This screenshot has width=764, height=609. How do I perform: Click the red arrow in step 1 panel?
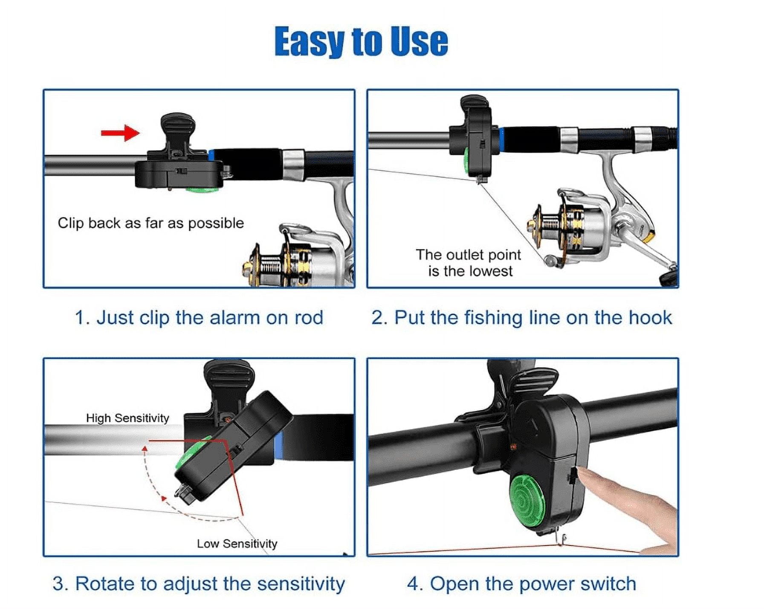click(x=121, y=133)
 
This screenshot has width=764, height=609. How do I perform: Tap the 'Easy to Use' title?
click(x=361, y=41)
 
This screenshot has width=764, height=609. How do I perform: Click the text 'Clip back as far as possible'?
click(x=150, y=223)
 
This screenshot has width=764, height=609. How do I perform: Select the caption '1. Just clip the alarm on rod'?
click(x=199, y=318)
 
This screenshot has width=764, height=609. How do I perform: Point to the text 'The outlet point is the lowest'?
click(x=469, y=263)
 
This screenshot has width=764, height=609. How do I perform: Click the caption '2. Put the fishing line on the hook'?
click(x=521, y=318)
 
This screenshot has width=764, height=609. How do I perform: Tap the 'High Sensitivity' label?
click(x=127, y=418)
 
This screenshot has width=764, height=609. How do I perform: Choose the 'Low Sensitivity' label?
click(x=237, y=543)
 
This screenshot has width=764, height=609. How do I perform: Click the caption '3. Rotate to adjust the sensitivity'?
click(x=199, y=583)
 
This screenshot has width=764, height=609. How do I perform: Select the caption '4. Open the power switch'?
click(x=521, y=583)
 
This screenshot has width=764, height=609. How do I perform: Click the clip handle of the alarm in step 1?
click(x=178, y=123)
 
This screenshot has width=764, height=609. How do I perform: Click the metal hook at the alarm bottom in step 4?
click(x=562, y=541)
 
